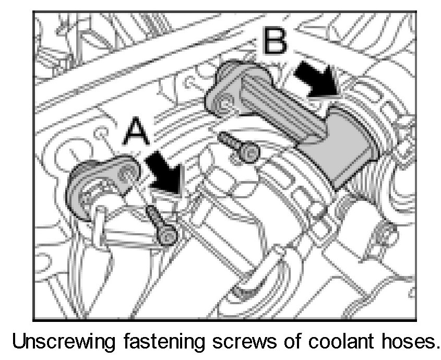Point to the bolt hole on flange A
(126, 173)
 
